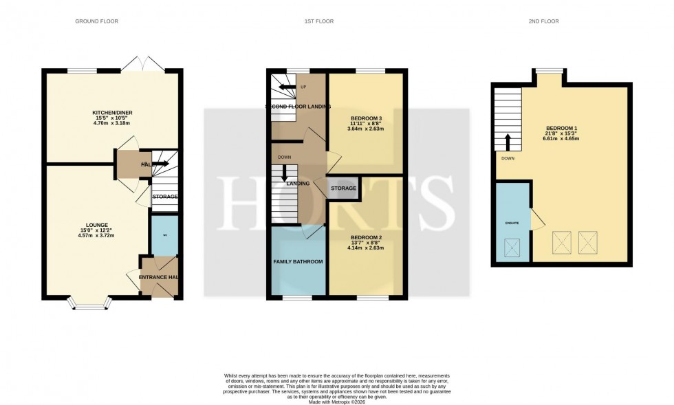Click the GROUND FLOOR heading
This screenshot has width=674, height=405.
[x=96, y=21]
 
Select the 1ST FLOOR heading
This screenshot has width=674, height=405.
[x=319, y=21]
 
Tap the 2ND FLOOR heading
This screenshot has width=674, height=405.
[x=544, y=21]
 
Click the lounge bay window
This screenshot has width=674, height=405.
[x=87, y=303]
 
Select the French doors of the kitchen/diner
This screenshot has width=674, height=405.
[x=142, y=65]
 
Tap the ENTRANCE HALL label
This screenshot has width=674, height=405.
[x=160, y=277]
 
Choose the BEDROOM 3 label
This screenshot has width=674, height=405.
[x=365, y=117]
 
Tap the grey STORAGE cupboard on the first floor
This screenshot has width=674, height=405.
[x=343, y=188]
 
